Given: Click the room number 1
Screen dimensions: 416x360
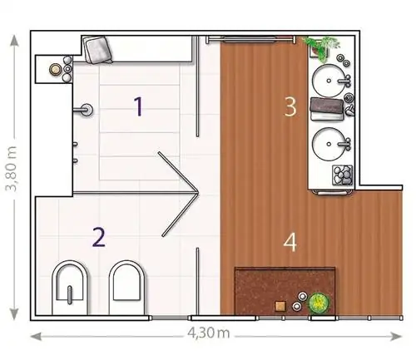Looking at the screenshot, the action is point(138,106).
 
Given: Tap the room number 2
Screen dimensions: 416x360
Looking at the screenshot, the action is point(99,237).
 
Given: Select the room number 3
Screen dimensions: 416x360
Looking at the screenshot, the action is point(290,106).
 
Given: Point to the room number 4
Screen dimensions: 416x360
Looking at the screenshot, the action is point(290,242).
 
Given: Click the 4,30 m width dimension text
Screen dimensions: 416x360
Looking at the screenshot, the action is point(209,333).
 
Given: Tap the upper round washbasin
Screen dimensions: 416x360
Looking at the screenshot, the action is point(329,81).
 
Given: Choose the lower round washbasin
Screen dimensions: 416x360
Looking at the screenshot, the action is point(329,144).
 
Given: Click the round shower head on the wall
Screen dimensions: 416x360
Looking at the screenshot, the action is point(87,110).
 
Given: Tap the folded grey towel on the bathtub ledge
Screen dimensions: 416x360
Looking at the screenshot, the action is point(98,50).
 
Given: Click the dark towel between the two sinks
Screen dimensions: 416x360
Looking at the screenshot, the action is point(327,106).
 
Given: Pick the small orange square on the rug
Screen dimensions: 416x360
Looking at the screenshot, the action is point(280,306).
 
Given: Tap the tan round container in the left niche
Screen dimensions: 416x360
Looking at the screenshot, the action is point(55,69).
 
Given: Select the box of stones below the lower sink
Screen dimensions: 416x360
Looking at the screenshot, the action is point(343,175).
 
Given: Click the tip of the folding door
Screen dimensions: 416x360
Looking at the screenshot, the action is point(198,192).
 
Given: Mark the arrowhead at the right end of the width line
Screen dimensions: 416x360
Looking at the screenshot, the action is point(397,337).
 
